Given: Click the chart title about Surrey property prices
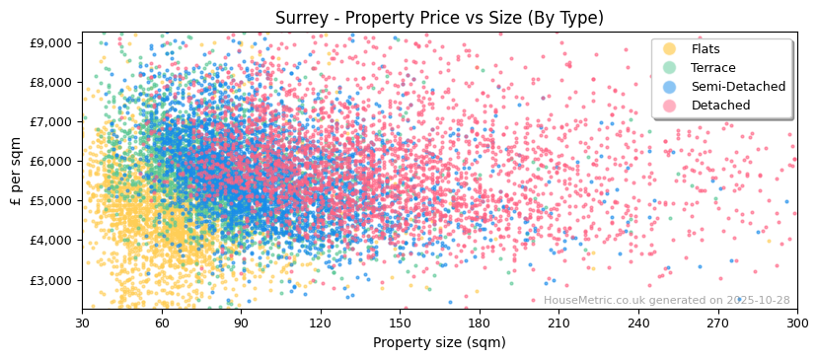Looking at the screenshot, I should click(x=439, y=18).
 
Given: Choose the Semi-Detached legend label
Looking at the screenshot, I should click(x=738, y=87).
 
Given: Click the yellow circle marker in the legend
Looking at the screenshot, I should click(x=670, y=49).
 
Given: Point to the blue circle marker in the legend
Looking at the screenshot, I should click(x=670, y=87).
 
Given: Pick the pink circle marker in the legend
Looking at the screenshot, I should click(x=670, y=106).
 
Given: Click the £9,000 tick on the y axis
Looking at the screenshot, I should click(x=49, y=42).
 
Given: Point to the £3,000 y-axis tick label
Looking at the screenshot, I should click(x=49, y=280).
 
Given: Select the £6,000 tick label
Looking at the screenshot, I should click(x=49, y=161).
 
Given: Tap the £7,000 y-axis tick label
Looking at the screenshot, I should click(x=49, y=121).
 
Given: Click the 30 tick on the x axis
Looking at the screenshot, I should click(x=82, y=323).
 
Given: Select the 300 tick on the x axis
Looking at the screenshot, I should click(x=797, y=323).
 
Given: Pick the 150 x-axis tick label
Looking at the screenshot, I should click(x=400, y=323).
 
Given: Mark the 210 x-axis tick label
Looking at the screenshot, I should click(x=558, y=323).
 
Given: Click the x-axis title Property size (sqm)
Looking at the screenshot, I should click(x=439, y=343).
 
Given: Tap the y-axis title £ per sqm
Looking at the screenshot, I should click(x=16, y=170).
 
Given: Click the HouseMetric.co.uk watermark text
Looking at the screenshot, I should click(x=666, y=301).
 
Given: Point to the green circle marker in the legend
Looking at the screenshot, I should click(x=670, y=68).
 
